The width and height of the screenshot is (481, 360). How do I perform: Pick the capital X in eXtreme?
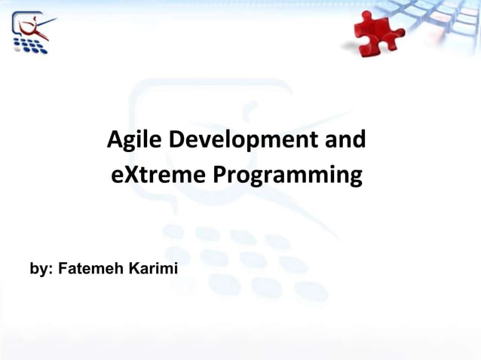click(127, 176)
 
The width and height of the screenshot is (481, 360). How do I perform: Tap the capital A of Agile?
click(115, 140)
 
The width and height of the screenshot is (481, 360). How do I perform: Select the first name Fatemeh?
click(89, 268)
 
